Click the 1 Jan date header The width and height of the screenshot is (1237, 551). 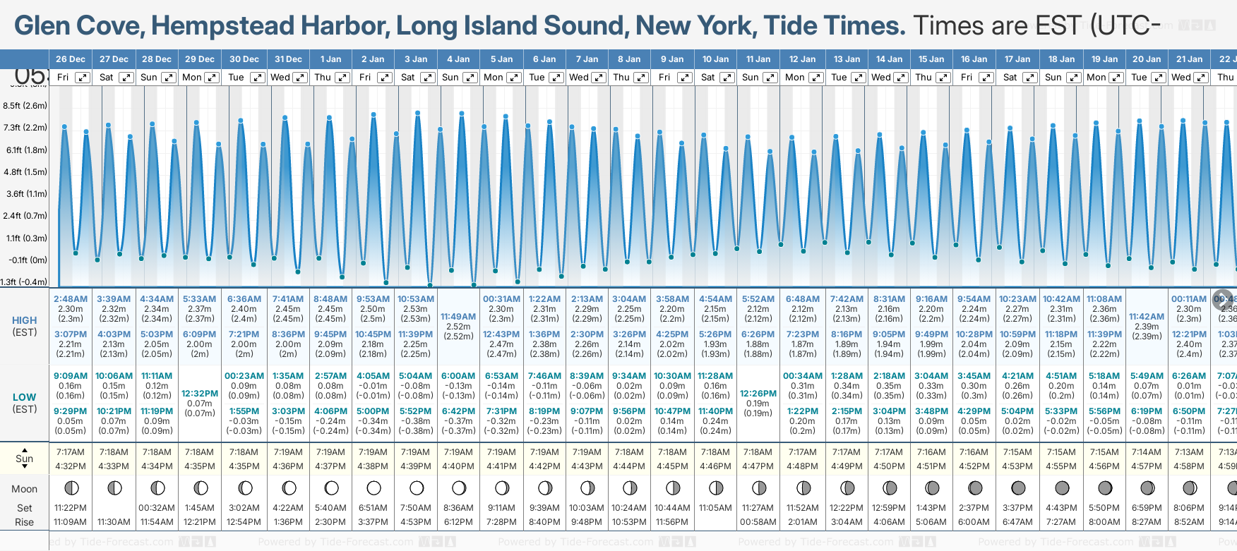[x=330, y=59]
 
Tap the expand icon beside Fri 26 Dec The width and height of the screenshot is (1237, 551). [x=83, y=78]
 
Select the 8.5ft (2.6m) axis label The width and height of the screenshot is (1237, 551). [x=25, y=106]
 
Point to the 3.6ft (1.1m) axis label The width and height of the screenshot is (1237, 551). [x=25, y=193]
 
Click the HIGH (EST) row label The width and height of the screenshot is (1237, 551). [x=25, y=326]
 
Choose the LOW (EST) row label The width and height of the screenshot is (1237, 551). [x=25, y=403]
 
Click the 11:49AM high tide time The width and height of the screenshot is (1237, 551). [x=458, y=317]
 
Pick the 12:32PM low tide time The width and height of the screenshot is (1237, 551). [x=200, y=394]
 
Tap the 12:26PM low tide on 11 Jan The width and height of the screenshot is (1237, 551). [x=758, y=394]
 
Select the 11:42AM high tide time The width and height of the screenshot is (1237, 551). [x=1147, y=317]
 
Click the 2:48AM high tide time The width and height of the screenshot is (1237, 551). [x=71, y=299]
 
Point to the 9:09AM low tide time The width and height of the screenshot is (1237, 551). [x=71, y=376]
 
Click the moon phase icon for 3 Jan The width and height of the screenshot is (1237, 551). [x=417, y=488]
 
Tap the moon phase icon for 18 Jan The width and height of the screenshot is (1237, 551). [x=1062, y=488]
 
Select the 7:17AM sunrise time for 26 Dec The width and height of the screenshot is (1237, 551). [x=71, y=452]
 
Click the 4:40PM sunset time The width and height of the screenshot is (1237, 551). [x=458, y=466]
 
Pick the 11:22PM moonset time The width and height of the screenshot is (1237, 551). [x=71, y=508]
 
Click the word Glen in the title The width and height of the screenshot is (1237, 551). [x=42, y=26]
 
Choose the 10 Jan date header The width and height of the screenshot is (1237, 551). [x=715, y=59]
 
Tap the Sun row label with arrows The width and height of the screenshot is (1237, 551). [x=25, y=459]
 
